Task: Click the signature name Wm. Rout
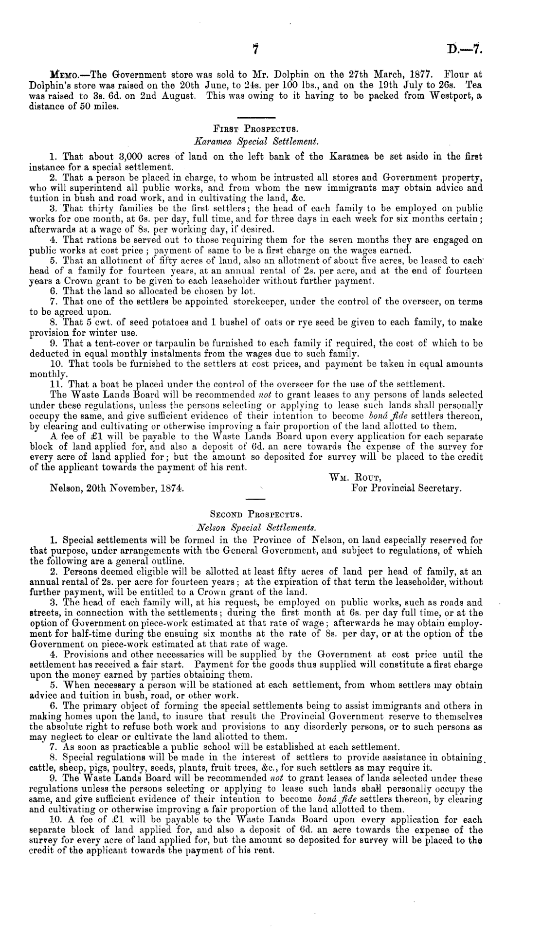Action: (x=351, y=477)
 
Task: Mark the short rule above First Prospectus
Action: (x=255, y=117)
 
